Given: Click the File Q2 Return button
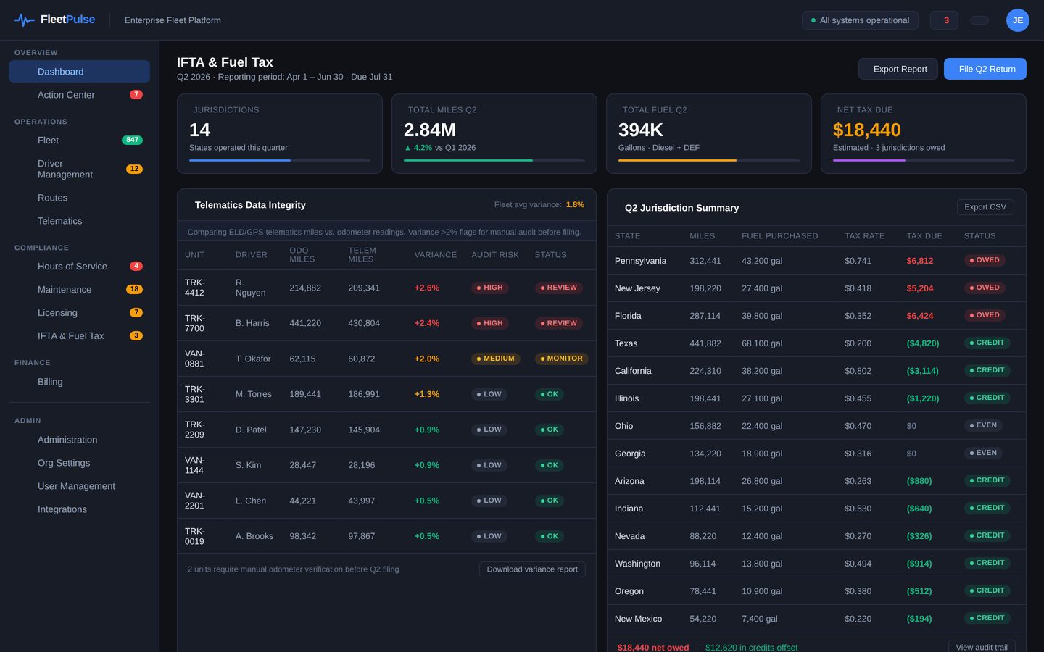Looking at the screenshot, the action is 985,69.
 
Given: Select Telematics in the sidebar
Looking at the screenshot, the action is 59,221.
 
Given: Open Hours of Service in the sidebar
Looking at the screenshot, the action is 72,267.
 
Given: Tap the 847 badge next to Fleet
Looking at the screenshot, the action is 133,140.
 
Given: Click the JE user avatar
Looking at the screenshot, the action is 1017,20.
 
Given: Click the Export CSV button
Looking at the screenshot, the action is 985,207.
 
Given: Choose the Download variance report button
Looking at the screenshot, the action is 532,569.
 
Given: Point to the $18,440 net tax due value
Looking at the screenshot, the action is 866,130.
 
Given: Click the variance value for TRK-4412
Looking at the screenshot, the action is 426,288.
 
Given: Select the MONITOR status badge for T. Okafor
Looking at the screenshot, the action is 562,359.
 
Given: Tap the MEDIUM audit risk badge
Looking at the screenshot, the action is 495,359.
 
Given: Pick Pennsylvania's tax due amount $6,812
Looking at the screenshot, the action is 919,261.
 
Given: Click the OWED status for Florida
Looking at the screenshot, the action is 985,315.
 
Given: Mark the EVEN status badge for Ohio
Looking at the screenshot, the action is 983,425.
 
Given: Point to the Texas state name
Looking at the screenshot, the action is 626,343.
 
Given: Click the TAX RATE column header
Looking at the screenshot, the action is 864,236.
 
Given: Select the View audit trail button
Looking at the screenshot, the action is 982,647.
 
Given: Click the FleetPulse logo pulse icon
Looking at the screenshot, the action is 24,20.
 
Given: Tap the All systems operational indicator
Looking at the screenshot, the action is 860,20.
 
